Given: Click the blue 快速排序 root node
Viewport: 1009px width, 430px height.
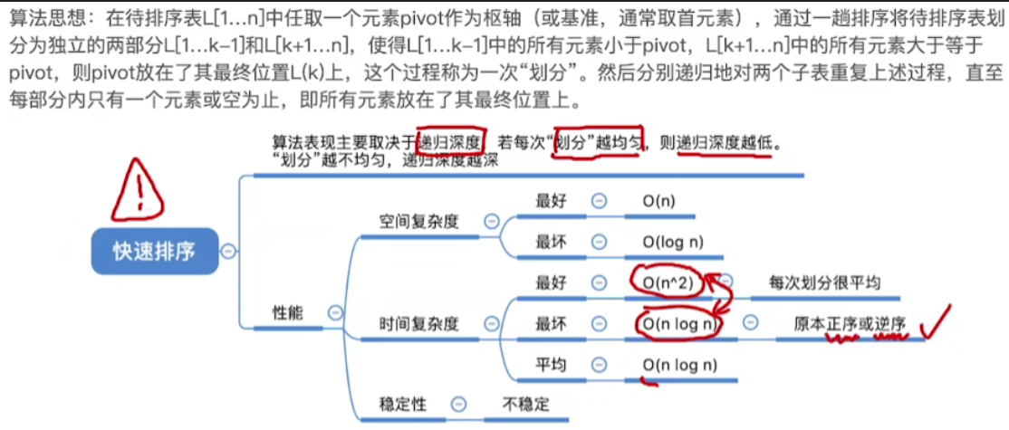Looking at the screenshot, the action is click(153, 251).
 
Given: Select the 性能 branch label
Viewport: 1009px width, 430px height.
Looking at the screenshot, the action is click(287, 313).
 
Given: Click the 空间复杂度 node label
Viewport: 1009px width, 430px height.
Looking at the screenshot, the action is click(419, 220).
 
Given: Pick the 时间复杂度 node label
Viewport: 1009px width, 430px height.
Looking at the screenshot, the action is click(419, 323).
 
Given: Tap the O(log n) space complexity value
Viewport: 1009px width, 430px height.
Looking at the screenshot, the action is click(673, 243).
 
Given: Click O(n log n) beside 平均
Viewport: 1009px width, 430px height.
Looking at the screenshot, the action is click(680, 365).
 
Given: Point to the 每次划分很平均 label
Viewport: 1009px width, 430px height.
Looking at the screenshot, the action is click(823, 282).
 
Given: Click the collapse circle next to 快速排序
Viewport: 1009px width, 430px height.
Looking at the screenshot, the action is click(230, 252).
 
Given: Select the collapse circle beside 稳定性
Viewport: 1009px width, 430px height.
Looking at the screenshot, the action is click(459, 404).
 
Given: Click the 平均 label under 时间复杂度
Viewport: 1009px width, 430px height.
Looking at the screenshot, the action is click(552, 365).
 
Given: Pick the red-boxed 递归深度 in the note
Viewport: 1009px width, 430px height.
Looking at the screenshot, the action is click(452, 143).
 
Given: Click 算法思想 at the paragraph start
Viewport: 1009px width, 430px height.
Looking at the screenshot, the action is click(41, 18).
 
